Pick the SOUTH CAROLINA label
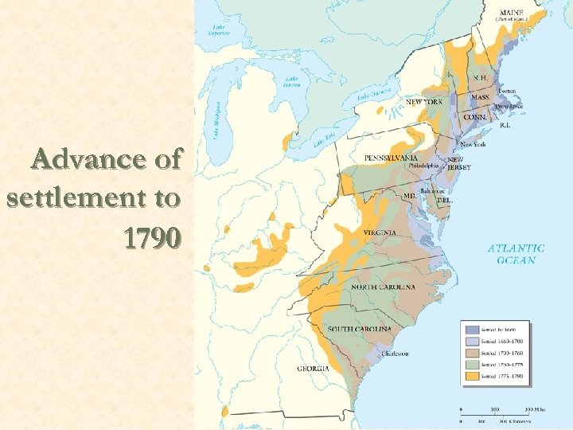360,330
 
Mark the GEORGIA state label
312,368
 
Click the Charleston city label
395,353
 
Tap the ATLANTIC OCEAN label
516,253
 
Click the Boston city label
508,92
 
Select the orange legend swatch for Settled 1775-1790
471,376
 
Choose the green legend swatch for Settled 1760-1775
471,364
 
